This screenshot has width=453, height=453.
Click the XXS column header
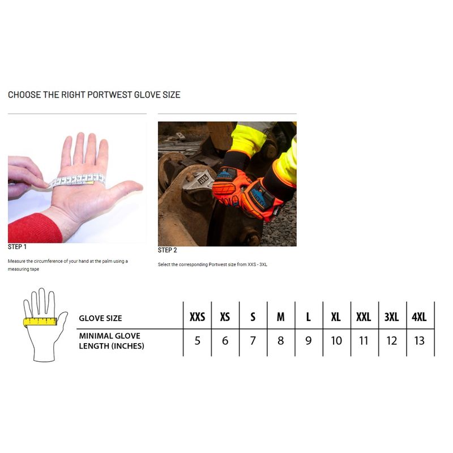point(197,317)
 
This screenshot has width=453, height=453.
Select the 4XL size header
point(419,317)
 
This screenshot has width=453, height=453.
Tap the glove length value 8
point(280,341)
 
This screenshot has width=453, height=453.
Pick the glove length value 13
point(419,341)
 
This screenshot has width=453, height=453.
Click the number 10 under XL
point(336,341)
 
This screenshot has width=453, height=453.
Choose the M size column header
point(280,317)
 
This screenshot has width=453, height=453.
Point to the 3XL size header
point(391,317)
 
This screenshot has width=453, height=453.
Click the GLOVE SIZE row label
point(100,318)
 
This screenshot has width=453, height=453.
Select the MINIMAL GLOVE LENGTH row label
point(112,341)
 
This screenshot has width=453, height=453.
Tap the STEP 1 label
point(17,247)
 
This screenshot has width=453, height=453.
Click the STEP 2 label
point(167,250)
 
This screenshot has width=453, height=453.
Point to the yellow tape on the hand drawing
point(40,322)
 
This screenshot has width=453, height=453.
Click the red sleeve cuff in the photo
point(34,229)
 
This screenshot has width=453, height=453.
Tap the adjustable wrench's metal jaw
point(199,181)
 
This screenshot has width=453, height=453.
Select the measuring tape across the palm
point(77,180)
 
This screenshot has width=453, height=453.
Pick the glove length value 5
point(197,341)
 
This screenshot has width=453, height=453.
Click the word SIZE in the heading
point(172,95)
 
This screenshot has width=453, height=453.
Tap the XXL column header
point(364,317)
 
